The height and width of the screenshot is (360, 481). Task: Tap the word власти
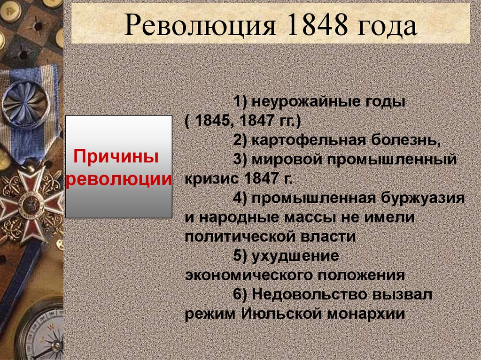click(x=330, y=237)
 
